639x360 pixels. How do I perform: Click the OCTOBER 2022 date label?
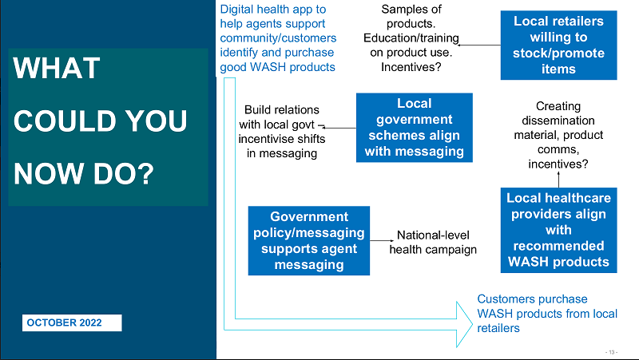click(72, 322)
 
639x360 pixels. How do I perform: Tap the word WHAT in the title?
click(57, 68)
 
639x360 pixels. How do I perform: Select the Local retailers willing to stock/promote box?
click(558, 45)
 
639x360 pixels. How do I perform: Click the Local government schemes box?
click(415, 128)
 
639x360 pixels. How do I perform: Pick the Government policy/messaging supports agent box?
click(309, 241)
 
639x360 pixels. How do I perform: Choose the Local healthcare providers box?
click(558, 230)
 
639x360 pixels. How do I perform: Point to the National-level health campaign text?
click(433, 243)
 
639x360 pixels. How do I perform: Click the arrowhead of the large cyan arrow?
click(465, 324)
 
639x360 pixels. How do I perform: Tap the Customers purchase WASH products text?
click(547, 314)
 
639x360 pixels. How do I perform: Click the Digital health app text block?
click(278, 38)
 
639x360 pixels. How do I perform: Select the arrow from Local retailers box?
click(479, 45)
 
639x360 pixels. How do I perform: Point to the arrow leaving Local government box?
click(339, 128)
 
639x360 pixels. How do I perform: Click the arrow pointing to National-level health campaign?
click(382, 241)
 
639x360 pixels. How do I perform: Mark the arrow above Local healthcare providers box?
click(558, 180)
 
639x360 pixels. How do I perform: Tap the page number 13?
click(611, 352)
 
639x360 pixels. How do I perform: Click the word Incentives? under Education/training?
click(411, 67)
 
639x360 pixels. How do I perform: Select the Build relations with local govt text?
click(282, 132)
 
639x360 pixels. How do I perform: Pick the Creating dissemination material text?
click(558, 135)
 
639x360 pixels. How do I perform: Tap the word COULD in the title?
click(65, 121)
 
